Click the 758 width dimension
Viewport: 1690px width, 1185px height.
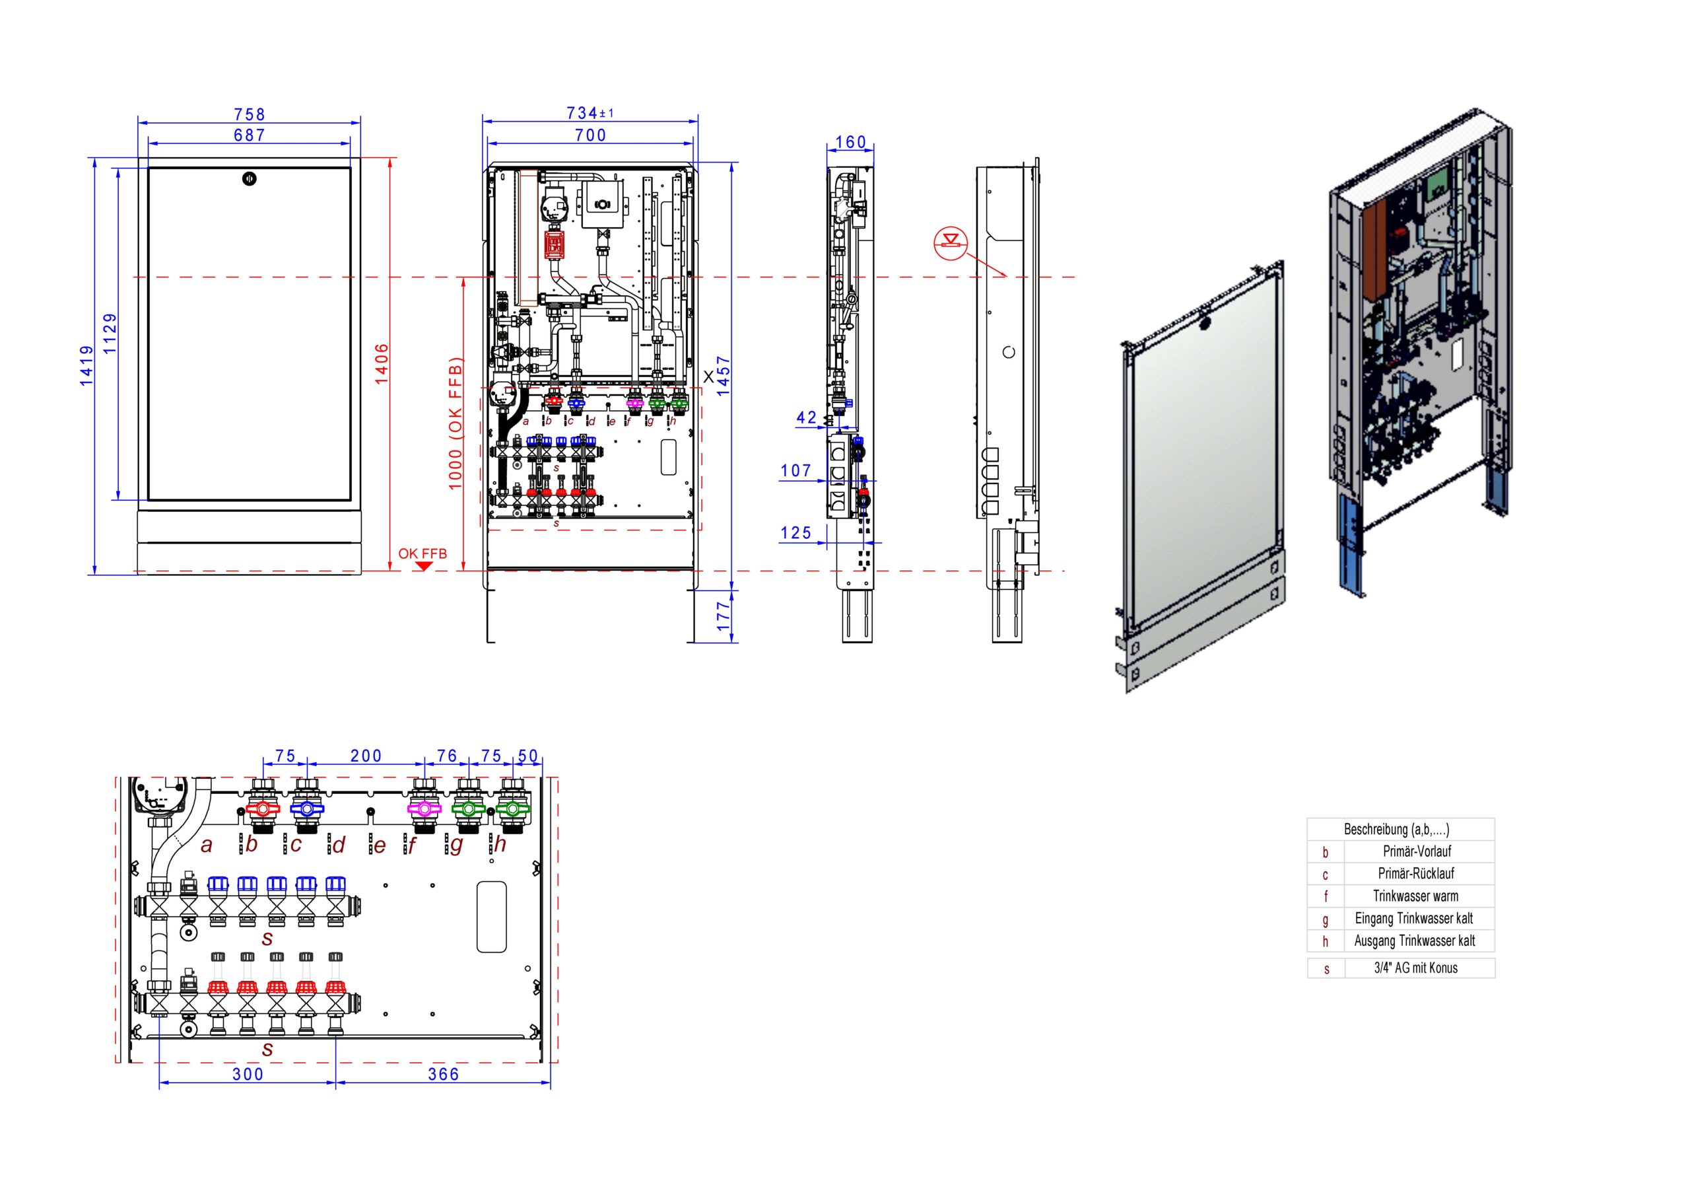250,114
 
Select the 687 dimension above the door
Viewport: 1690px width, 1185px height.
250,135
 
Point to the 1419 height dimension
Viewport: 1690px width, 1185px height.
87,365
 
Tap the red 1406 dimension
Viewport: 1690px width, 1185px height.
382,363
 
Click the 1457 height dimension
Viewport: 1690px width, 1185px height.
724,377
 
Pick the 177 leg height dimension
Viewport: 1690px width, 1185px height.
724,616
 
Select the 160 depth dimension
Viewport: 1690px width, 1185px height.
851,142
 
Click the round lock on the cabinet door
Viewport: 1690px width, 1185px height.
250,178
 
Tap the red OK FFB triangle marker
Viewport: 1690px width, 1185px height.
423,565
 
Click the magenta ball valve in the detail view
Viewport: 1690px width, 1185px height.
423,808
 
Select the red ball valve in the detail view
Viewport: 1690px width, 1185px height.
263,808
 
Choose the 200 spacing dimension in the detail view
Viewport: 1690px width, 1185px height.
366,756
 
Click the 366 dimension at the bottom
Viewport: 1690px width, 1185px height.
444,1075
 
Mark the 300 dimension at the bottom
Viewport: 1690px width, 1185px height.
248,1075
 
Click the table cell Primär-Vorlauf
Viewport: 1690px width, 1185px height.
1417,851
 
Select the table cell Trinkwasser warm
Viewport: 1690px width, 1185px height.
1415,896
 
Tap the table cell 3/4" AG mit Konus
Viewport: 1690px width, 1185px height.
1415,968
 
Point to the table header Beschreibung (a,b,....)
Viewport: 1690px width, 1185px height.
1397,829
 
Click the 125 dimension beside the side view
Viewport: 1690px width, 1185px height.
795,532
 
